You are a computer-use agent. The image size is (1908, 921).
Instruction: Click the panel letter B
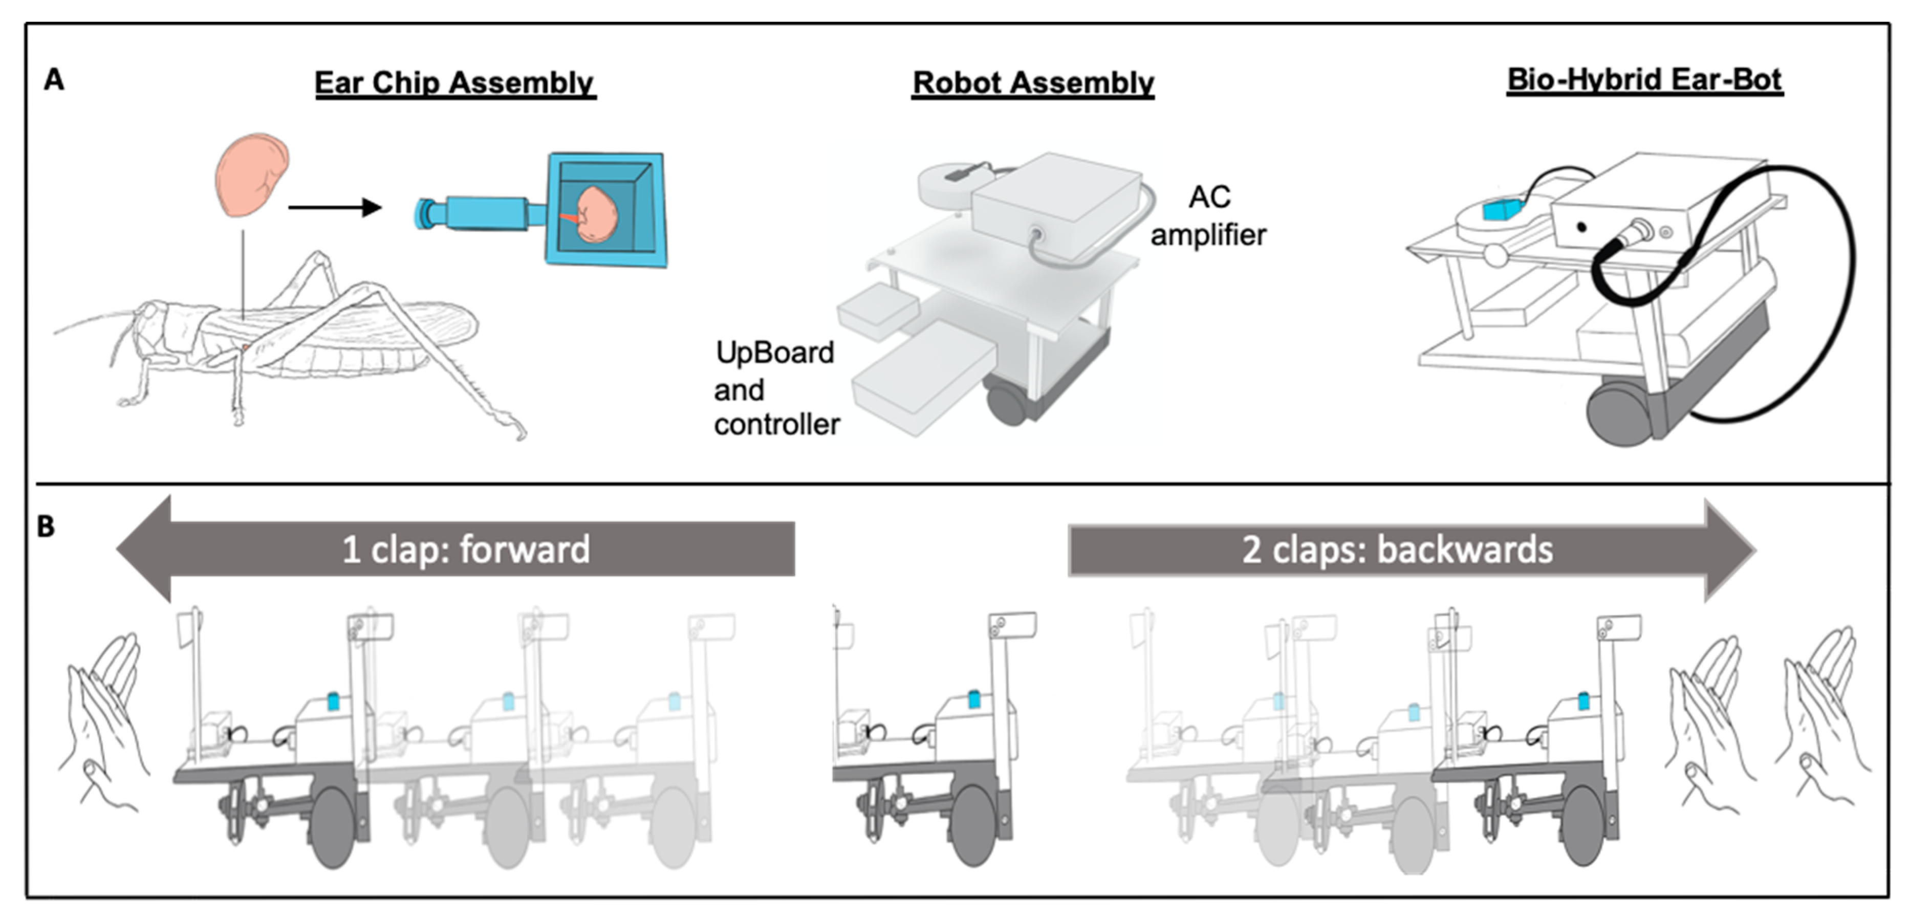pyautogui.click(x=46, y=527)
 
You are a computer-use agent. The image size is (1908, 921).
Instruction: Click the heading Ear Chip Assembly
pyautogui.click(x=455, y=83)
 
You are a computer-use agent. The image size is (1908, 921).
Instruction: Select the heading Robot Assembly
pyautogui.click(x=1032, y=83)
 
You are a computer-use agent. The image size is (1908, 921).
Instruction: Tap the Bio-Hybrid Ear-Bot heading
pyautogui.click(x=1644, y=80)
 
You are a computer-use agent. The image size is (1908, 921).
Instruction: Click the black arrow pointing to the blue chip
pyautogui.click(x=334, y=207)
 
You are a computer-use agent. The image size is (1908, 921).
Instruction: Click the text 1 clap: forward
pyautogui.click(x=465, y=550)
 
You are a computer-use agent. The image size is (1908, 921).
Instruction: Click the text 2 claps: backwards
pyautogui.click(x=1397, y=550)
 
